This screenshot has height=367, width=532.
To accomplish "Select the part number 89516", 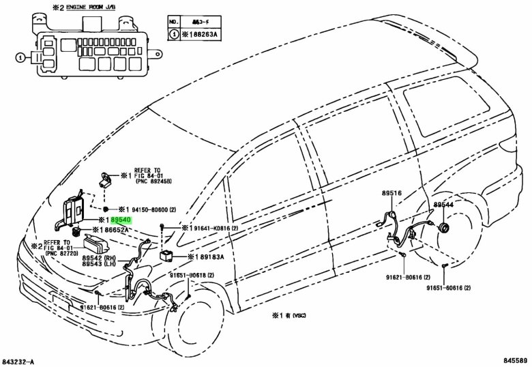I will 391,194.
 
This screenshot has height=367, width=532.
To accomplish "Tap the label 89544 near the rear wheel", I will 443,205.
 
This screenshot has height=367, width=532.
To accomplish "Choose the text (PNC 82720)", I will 61,253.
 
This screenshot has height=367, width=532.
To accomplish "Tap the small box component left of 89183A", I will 166,257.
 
